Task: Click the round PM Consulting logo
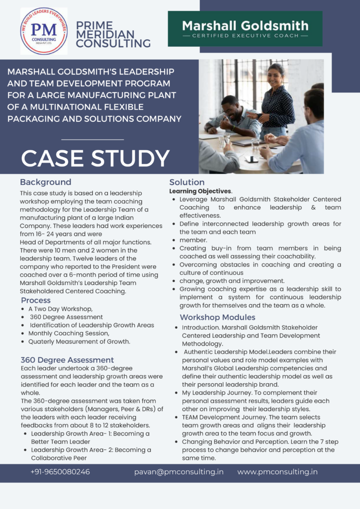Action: point(44,31)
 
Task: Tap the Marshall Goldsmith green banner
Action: point(245,28)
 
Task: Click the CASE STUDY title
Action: point(95,158)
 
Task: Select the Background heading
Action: point(46,182)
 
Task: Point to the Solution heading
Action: point(186,182)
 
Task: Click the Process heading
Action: point(36,300)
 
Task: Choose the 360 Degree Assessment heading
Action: point(67,360)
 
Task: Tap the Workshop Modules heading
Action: point(217,317)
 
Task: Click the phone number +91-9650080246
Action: point(60,472)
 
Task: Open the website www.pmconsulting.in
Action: point(277,472)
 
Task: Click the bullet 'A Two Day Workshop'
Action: point(60,309)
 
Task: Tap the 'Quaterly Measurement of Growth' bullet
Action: point(79,341)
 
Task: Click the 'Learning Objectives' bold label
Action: point(200,191)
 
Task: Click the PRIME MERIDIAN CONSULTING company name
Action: point(113,34)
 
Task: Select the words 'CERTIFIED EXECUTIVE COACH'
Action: point(245,36)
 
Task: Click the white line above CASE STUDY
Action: point(92,139)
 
